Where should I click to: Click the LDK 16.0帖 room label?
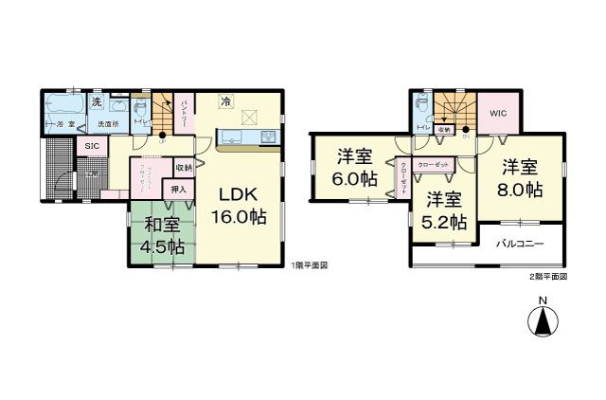click(243, 206)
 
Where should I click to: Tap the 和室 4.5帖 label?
click(163, 234)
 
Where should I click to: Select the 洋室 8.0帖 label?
click(520, 178)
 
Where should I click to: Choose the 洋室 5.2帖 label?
click(443, 211)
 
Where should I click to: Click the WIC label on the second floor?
click(499, 113)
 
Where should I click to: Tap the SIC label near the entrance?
click(92, 146)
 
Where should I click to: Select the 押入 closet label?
click(179, 190)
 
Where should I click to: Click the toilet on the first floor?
click(141, 110)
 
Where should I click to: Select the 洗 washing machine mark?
click(97, 102)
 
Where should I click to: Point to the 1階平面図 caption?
click(310, 266)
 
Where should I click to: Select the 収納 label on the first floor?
click(183, 168)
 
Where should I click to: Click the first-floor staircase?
click(166, 106)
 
